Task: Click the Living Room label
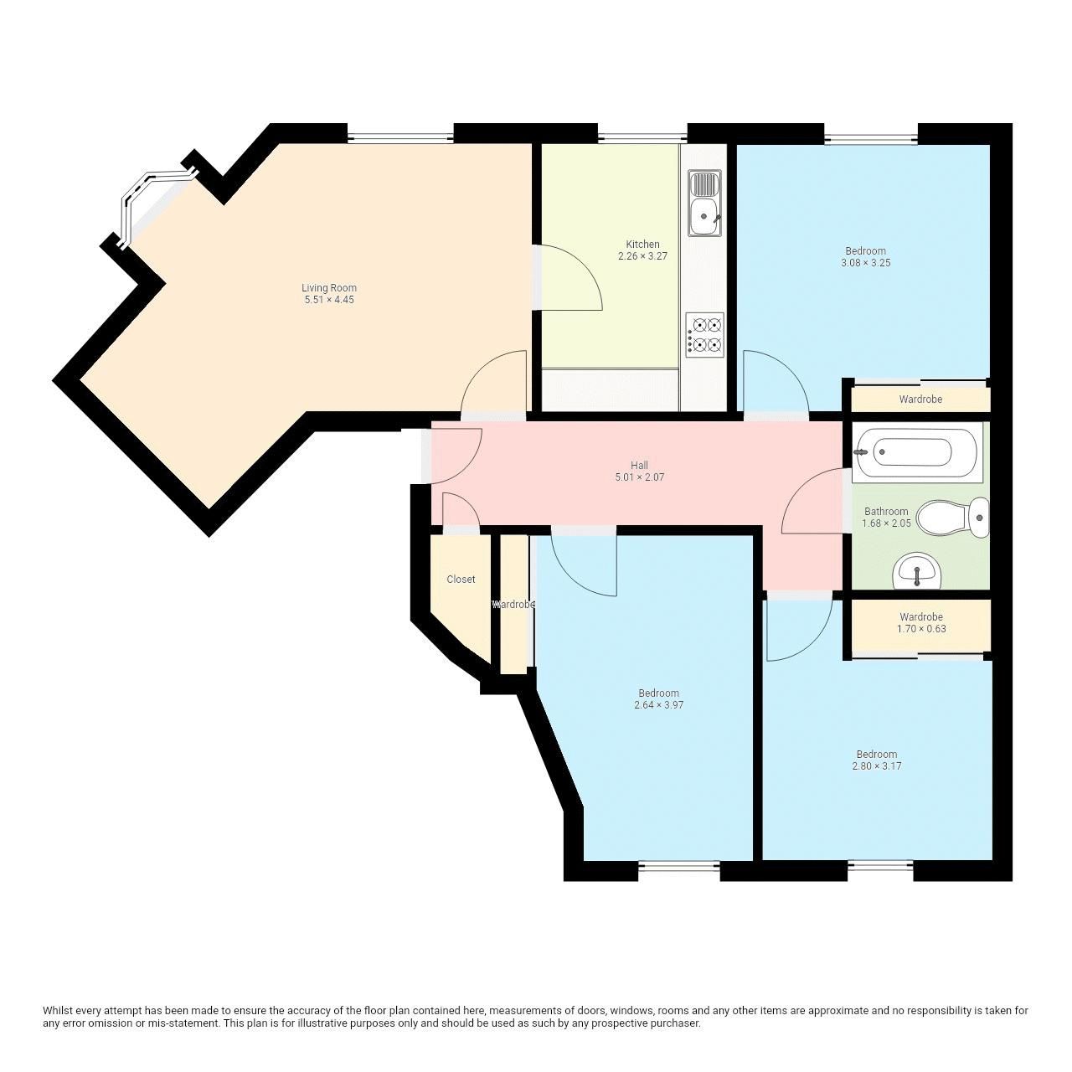329,287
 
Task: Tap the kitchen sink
704,204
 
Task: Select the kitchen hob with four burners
704,334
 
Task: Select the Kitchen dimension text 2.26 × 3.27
642,256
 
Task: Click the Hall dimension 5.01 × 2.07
639,477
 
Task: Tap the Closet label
461,579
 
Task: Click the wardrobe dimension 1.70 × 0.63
921,629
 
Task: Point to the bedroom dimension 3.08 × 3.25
865,263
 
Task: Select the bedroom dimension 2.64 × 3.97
658,705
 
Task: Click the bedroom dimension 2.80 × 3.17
877,766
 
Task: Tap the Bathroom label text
886,511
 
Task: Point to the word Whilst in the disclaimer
57,1011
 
